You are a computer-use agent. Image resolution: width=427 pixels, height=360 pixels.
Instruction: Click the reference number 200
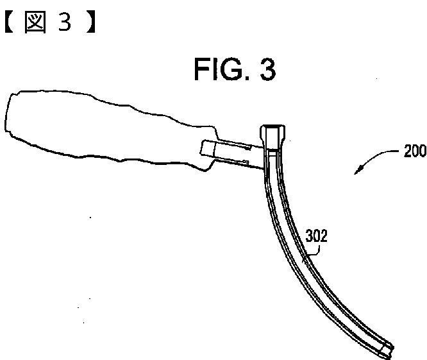point(414,152)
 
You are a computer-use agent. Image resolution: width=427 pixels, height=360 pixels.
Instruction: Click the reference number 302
point(316,236)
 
